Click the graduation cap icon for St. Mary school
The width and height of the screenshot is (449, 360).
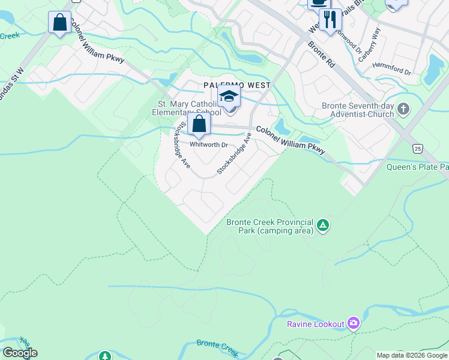click(229, 97)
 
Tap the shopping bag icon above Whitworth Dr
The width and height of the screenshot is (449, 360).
click(199, 124)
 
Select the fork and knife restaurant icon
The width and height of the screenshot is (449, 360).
click(330, 20)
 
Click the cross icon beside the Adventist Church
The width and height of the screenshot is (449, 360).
click(403, 109)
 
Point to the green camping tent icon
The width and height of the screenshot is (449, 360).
click(323, 226)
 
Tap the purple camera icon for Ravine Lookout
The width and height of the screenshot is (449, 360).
click(354, 324)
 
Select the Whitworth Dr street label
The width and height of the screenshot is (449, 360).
click(209, 145)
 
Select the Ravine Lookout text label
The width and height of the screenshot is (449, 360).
click(315, 324)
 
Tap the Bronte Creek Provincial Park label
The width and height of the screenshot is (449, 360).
click(270, 226)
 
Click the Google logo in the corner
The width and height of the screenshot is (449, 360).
click(20, 353)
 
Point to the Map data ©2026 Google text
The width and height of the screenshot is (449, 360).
click(412, 355)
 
